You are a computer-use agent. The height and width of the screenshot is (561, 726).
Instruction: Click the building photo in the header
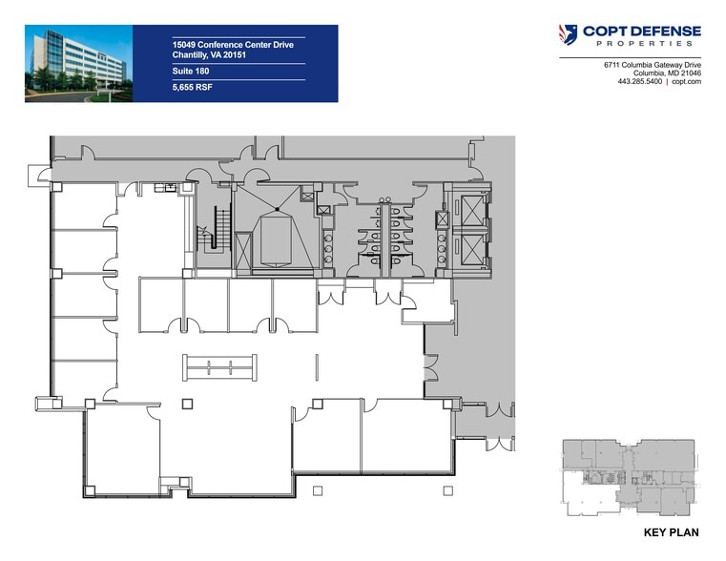pyautogui.click(x=78, y=63)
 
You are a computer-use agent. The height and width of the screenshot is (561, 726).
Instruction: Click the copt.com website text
pyautogui.click(x=687, y=82)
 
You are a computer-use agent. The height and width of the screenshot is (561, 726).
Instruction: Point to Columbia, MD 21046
pyautogui.click(x=666, y=73)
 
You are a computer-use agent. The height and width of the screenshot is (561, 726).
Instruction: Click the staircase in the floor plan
pyautogui.click(x=218, y=228)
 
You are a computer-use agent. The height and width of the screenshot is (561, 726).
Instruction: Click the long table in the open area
pyautogui.click(x=220, y=367)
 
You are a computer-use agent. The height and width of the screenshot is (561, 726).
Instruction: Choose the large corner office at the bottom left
pyautogui.click(x=121, y=448)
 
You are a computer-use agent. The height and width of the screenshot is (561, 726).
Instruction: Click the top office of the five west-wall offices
pyautogui.click(x=84, y=206)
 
